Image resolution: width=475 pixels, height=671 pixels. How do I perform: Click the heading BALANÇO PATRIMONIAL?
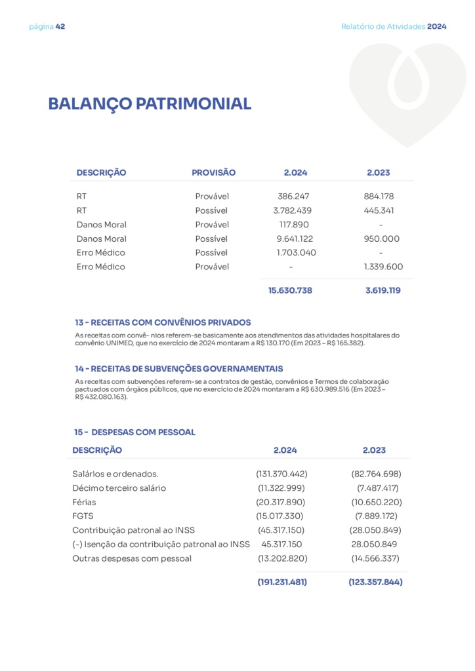(150, 104)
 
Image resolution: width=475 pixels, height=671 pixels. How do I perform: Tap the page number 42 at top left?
(60, 27)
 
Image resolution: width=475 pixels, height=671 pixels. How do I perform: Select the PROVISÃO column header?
(213, 173)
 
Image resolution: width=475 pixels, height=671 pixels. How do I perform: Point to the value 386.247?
(293, 197)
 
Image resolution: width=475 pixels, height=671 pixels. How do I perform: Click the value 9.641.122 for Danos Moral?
(294, 239)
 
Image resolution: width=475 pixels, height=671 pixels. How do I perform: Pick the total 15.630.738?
(290, 290)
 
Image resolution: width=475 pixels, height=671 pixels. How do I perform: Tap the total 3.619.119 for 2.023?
(382, 290)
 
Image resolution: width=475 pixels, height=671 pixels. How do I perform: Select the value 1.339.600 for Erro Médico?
(383, 267)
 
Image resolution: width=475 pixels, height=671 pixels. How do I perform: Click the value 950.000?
(381, 239)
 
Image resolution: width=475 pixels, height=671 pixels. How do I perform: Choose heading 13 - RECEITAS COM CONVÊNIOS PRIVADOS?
(163, 322)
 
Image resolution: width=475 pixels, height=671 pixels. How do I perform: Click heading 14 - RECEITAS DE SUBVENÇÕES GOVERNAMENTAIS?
(179, 369)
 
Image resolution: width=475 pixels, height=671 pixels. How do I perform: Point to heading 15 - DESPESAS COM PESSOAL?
(134, 432)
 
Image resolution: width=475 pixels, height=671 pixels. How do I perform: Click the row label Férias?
(84, 502)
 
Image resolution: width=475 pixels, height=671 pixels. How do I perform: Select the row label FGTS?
(83, 516)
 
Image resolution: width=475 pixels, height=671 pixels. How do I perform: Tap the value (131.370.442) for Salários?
(281, 474)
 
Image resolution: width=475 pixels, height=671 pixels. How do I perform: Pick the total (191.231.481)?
(282, 582)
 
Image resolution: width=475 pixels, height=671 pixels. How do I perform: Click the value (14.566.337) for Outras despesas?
(375, 558)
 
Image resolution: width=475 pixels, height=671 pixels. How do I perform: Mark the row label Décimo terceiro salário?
(119, 488)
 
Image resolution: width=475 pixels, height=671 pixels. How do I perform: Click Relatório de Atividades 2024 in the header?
(394, 27)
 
